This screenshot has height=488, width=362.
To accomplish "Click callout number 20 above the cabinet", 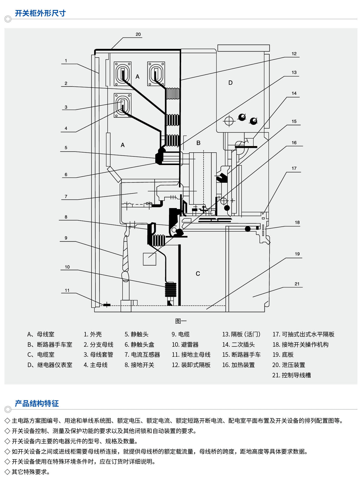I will tap(138, 34).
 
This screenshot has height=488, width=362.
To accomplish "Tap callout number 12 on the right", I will tap(294, 54).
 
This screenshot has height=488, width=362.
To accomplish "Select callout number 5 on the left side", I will tap(66, 148).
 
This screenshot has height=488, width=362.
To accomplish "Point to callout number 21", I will tap(297, 284).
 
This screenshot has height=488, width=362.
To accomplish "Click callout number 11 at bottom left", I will tap(67, 290).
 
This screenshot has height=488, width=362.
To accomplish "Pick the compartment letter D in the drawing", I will tap(230, 83).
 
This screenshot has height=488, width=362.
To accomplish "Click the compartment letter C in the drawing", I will tap(198, 274).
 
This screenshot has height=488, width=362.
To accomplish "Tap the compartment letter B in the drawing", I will tap(198, 143).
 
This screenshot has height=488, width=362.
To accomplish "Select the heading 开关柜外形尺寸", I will tap(40, 13).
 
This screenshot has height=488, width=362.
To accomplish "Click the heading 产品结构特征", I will tap(37, 403).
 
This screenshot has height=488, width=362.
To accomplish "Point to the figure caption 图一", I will tap(181, 321).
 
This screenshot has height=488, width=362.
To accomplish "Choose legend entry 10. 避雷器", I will tap(185, 345).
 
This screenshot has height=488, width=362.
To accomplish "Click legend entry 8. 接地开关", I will tap(139, 365).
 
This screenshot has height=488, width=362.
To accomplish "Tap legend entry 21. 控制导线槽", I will tap(291, 375).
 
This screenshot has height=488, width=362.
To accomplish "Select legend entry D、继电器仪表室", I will tap(50, 365).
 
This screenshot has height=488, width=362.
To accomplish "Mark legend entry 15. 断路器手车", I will tap(241, 355).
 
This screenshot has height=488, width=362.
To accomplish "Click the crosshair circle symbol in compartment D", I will tap(229, 121).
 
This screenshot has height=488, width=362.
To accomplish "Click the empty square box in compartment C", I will tap(149, 259).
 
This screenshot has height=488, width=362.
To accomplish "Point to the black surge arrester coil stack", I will tap(171, 290).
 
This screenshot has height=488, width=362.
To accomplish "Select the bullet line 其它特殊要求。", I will tap(31, 472).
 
